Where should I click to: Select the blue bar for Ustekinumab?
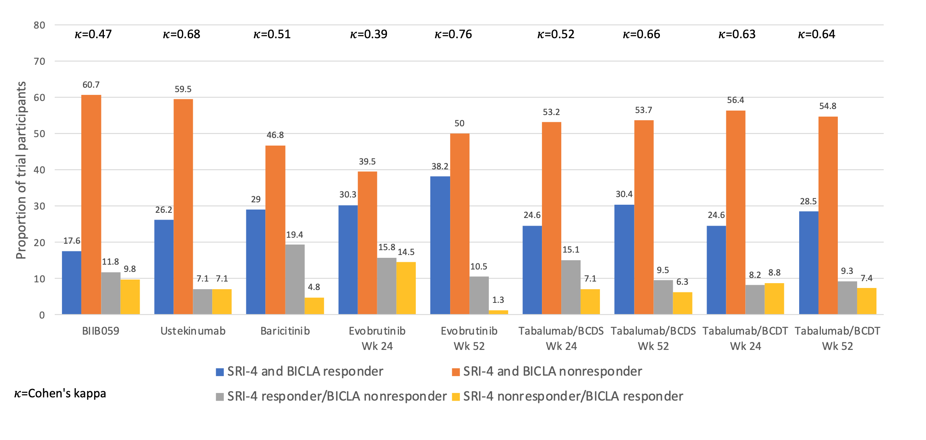(x=163, y=267)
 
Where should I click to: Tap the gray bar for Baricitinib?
(x=295, y=279)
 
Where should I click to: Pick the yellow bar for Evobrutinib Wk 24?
(x=406, y=288)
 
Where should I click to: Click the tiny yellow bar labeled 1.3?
(x=498, y=312)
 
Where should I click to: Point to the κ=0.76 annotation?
(x=453, y=34)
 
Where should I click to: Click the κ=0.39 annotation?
(x=368, y=34)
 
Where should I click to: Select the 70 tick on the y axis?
(x=39, y=62)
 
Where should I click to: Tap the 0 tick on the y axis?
(x=42, y=315)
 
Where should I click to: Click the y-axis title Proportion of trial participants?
(x=21, y=170)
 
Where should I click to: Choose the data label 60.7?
(x=91, y=85)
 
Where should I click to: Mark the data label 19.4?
(x=294, y=235)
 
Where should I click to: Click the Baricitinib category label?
(x=285, y=331)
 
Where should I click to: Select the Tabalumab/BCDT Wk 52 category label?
(x=837, y=338)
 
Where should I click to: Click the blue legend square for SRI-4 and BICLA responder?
(x=220, y=372)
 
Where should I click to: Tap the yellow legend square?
(x=456, y=397)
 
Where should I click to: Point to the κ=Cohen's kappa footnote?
(x=60, y=393)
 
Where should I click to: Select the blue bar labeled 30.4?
(x=624, y=259)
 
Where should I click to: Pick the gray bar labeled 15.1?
(x=571, y=287)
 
